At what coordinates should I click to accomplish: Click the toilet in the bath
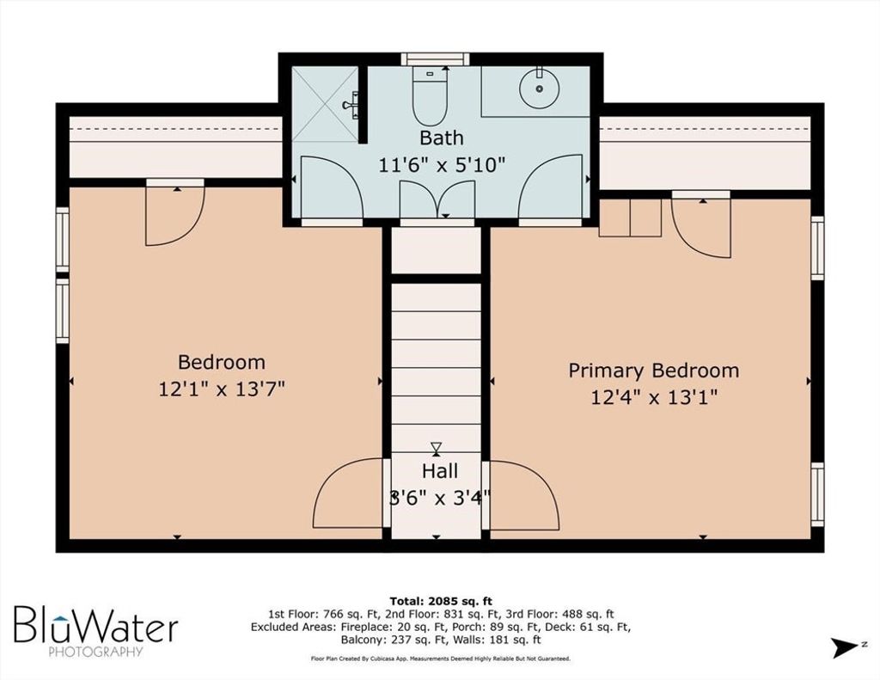tap(430, 95)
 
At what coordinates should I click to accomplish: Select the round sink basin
tap(539, 89)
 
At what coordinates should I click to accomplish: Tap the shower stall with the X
tap(325, 104)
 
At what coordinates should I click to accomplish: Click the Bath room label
tap(442, 138)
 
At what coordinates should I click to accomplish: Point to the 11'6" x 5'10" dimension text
tap(442, 165)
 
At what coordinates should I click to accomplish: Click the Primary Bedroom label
tap(654, 371)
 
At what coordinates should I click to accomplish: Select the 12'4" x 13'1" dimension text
tap(654, 397)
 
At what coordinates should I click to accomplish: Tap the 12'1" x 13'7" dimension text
tap(222, 389)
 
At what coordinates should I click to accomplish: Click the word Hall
tap(440, 470)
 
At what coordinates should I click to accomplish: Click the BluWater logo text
tap(96, 623)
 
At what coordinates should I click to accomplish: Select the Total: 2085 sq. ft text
tap(441, 602)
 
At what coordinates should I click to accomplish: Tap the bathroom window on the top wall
tap(436, 59)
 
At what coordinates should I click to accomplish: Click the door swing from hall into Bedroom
tap(348, 493)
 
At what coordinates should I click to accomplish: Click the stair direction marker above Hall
tap(436, 449)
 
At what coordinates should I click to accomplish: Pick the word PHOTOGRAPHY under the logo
tap(96, 652)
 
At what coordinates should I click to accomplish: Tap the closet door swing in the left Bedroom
tap(174, 216)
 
